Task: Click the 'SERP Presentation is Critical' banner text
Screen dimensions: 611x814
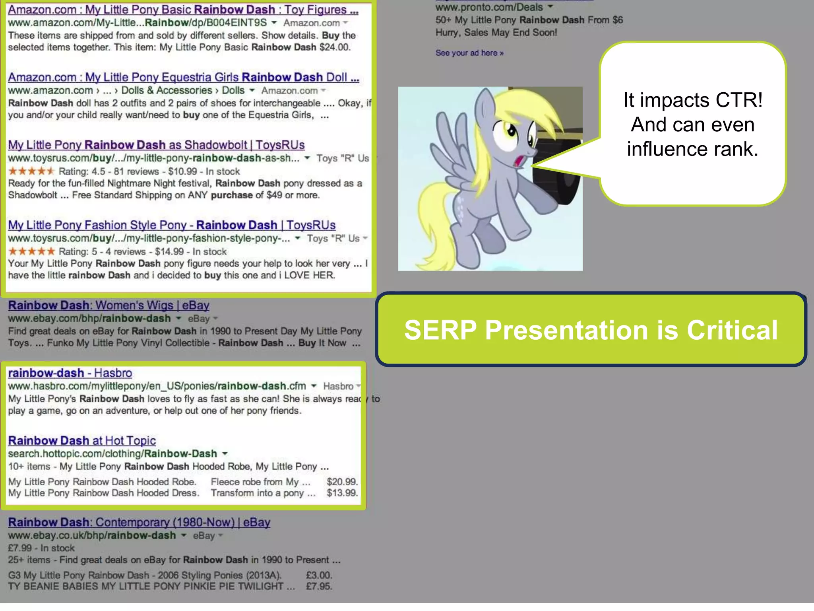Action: coord(591,330)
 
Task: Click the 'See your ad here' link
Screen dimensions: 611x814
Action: coord(469,53)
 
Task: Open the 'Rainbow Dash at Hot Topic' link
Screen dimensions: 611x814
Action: coord(82,440)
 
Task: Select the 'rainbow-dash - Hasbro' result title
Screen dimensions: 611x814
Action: coord(70,373)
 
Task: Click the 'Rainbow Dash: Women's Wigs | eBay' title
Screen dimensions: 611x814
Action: coord(109,305)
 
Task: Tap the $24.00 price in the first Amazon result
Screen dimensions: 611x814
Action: coord(335,47)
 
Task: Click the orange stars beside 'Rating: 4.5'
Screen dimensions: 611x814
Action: coord(31,171)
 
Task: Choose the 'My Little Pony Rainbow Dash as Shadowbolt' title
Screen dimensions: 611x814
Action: coord(156,145)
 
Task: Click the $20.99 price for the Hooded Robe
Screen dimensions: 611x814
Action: coord(342,482)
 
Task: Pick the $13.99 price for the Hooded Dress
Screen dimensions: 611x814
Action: coord(342,493)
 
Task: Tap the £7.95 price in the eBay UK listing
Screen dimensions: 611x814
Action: coord(319,586)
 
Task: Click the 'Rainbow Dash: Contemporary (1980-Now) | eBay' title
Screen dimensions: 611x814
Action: coord(139,522)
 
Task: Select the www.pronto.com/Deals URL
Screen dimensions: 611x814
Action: coord(489,7)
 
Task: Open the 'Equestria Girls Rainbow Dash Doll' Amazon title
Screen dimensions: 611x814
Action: coord(183,77)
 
